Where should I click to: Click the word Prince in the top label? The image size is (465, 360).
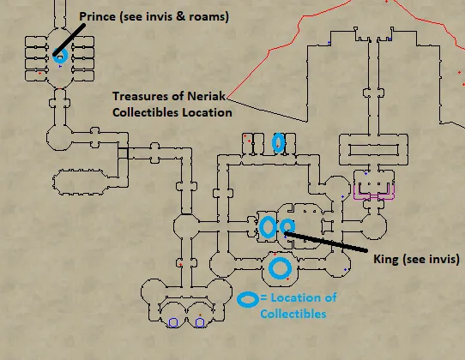[x=97, y=16]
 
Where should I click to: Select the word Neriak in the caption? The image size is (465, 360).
[x=207, y=96]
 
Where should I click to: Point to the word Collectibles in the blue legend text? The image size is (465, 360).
[x=293, y=314]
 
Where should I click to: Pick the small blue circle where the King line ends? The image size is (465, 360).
[x=287, y=220]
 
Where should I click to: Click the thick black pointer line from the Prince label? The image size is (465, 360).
[x=69, y=39]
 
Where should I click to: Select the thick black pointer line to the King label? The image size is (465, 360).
[x=326, y=242]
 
